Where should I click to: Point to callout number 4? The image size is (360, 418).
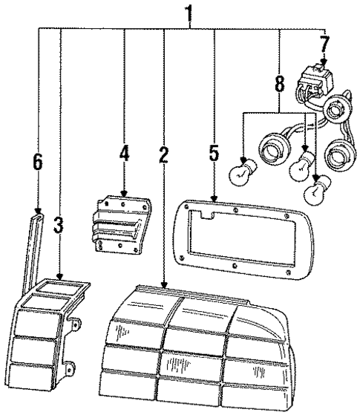pyautogui.click(x=124, y=154)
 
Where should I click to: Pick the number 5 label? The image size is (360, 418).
pyautogui.click(x=213, y=154)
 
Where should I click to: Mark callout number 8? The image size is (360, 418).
pyautogui.click(x=278, y=84)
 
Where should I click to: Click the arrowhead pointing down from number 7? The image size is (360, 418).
pyautogui.click(x=323, y=65)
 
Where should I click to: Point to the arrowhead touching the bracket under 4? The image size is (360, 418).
pyautogui.click(x=124, y=195)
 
